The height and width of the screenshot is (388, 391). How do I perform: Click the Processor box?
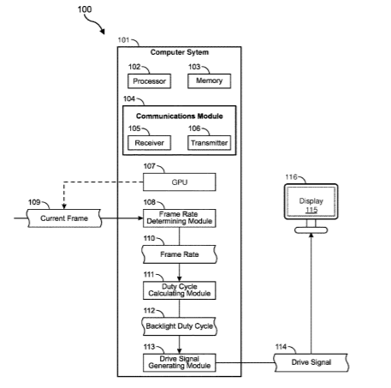[x=149, y=81]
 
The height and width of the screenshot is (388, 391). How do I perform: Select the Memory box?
[x=209, y=81]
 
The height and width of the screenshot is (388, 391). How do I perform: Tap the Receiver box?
[x=149, y=143]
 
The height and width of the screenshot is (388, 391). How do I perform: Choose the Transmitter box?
[x=209, y=143]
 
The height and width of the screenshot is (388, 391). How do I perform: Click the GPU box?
[x=180, y=182]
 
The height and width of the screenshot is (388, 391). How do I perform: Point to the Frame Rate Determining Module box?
[x=180, y=218]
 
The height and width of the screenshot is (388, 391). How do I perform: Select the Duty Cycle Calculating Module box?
[x=180, y=290]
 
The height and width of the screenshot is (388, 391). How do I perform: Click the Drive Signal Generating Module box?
[x=180, y=362]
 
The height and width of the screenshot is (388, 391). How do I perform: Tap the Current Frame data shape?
[x=64, y=218]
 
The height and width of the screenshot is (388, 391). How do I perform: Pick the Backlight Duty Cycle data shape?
[x=180, y=326]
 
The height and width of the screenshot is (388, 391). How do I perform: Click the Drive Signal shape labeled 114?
[x=311, y=362]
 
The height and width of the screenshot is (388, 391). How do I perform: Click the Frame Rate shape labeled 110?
[x=180, y=254]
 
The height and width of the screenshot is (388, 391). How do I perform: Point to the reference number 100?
[x=85, y=9]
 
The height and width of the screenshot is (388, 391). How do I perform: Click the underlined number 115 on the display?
[x=311, y=210]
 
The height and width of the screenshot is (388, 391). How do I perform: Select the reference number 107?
[x=149, y=166]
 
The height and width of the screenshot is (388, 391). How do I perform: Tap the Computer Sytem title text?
[x=180, y=52]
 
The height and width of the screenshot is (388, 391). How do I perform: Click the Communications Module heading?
[x=180, y=116]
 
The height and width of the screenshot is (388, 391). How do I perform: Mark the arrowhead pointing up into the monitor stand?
[x=311, y=235]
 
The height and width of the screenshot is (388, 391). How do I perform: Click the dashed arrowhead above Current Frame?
[x=64, y=206]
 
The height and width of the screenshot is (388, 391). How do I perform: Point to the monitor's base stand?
[x=311, y=230]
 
